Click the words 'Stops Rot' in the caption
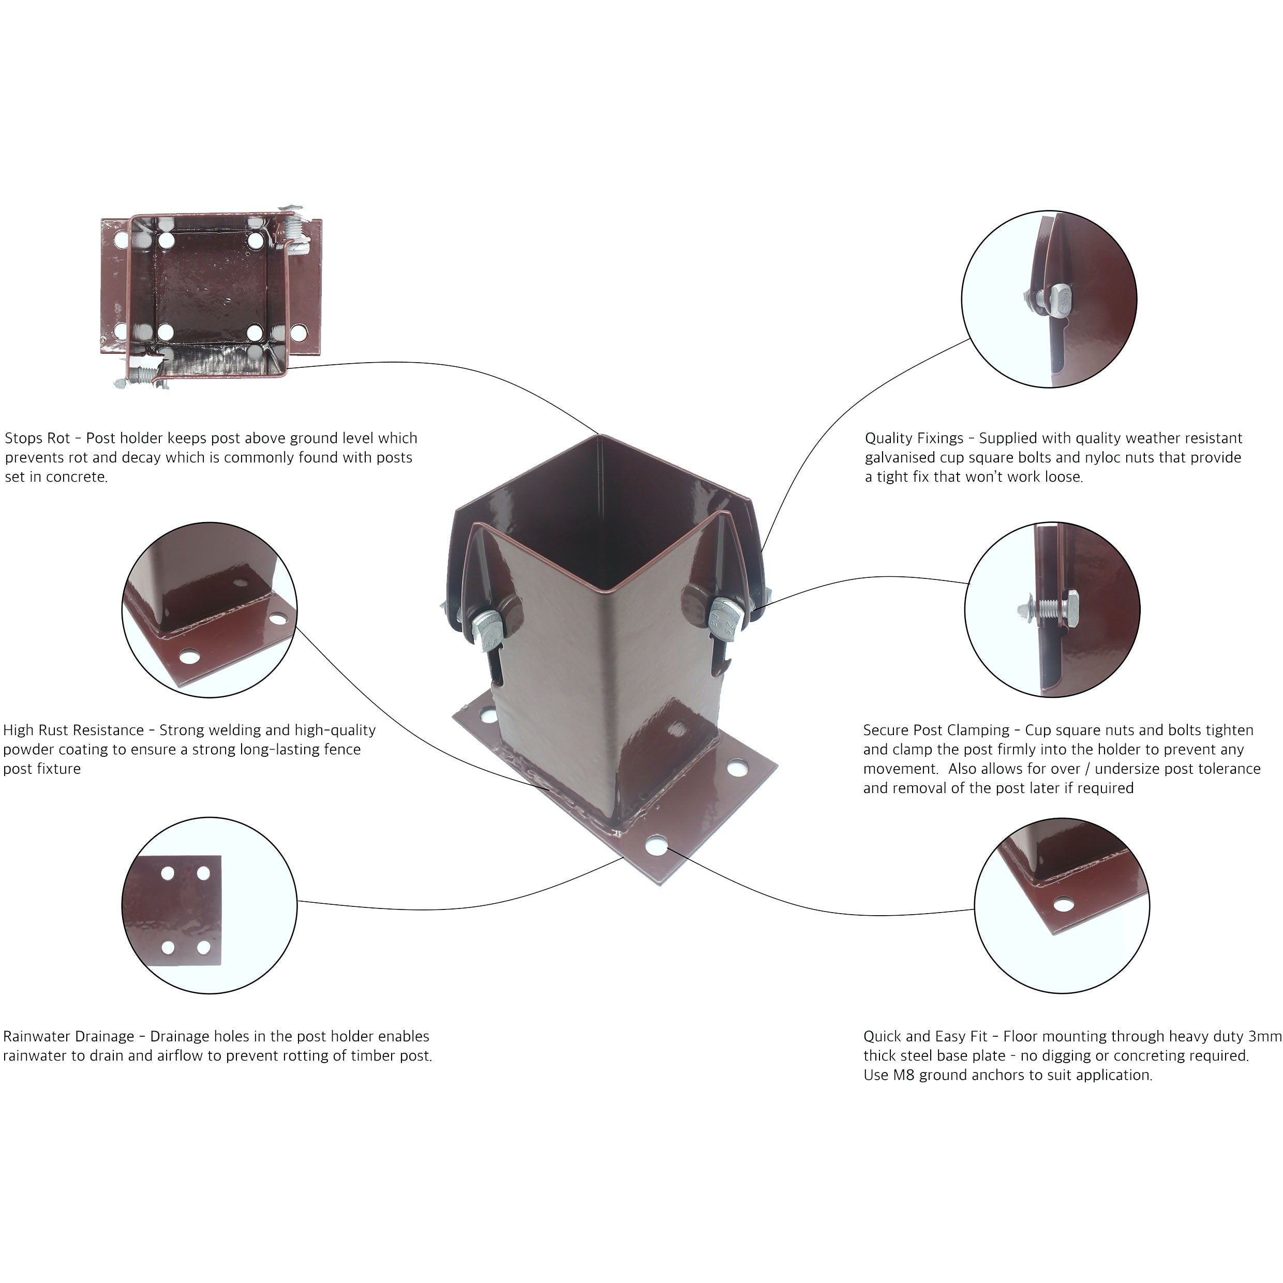(x=37, y=438)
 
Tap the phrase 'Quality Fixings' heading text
(x=914, y=438)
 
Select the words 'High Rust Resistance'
(x=73, y=730)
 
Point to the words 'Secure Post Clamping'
(x=936, y=730)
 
